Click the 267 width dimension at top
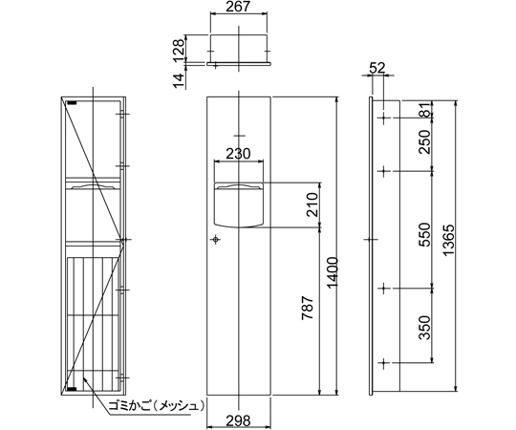[238, 7]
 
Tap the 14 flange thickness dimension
[179, 80]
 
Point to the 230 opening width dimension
[239, 153]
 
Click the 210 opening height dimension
[312, 204]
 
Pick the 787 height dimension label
[308, 308]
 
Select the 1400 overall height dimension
[333, 272]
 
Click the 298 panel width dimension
[239, 420]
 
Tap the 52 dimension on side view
[377, 68]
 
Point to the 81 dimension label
[426, 110]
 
